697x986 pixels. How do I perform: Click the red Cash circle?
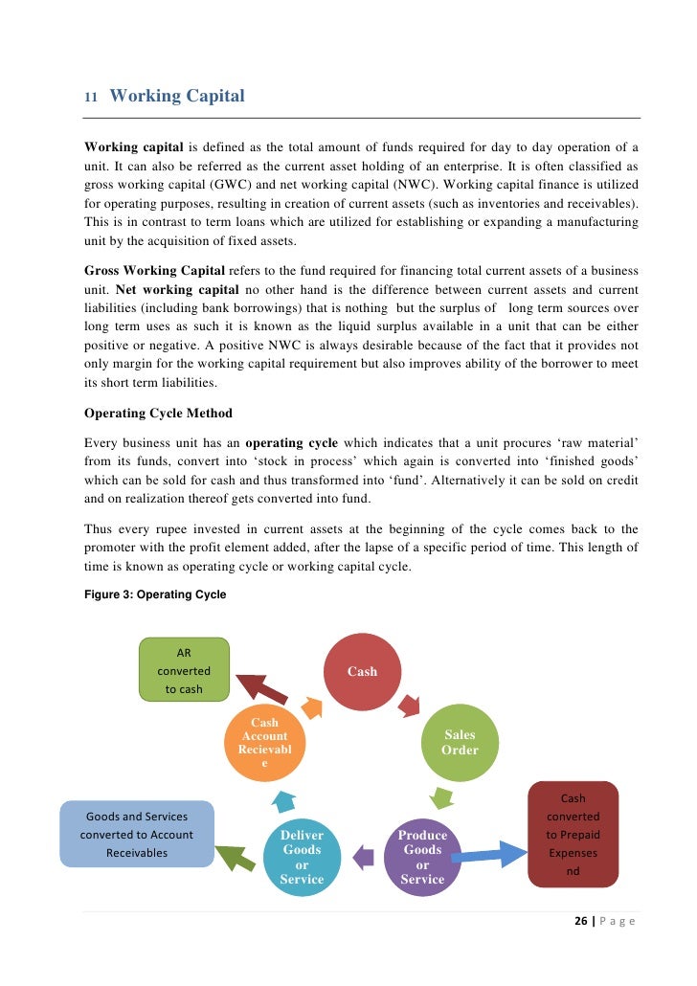(362, 671)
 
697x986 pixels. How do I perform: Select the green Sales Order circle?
(460, 743)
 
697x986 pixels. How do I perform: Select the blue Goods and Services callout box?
(137, 834)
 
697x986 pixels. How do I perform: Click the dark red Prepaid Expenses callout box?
(573, 834)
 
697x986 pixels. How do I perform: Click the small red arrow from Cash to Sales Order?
(410, 706)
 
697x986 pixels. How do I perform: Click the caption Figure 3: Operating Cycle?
(155, 594)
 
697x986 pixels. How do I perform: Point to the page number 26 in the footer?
(580, 922)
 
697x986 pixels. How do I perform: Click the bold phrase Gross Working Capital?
(154, 270)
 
